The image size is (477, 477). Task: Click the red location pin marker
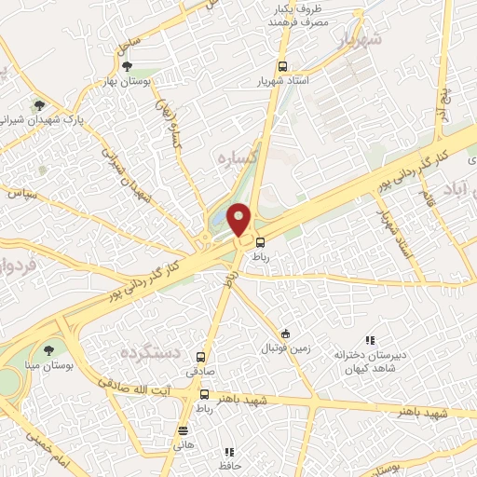tap(239, 220)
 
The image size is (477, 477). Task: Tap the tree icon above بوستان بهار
tap(127, 66)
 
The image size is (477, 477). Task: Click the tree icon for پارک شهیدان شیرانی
tap(38, 105)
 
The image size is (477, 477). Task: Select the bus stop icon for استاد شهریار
tap(283, 66)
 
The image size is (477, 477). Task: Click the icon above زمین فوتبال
tap(286, 334)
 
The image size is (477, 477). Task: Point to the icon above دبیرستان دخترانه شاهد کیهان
tap(369, 341)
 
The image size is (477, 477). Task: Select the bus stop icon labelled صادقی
tap(202, 355)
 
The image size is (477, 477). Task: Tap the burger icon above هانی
tap(183, 430)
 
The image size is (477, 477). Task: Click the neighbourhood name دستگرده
tap(149, 354)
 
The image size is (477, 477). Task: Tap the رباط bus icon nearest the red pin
tap(259, 243)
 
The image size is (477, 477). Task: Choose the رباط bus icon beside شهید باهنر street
tap(203, 395)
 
